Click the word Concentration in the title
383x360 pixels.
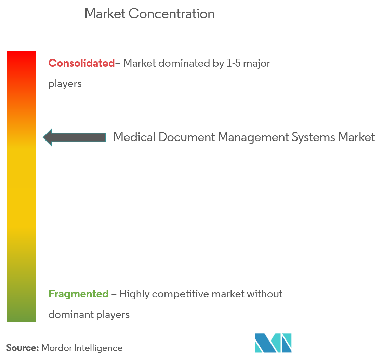tap(171, 14)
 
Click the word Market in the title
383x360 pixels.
tap(105, 14)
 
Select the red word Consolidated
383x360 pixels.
tap(81, 63)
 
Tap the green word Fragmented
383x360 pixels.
tap(78, 294)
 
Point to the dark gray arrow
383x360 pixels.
tap(74, 137)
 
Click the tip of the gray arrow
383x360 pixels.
tap(43, 137)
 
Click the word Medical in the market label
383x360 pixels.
tap(134, 137)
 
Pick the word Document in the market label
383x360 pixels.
tap(187, 137)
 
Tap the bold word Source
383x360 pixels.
tap(23, 348)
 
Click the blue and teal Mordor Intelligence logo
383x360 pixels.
tap(273, 343)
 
